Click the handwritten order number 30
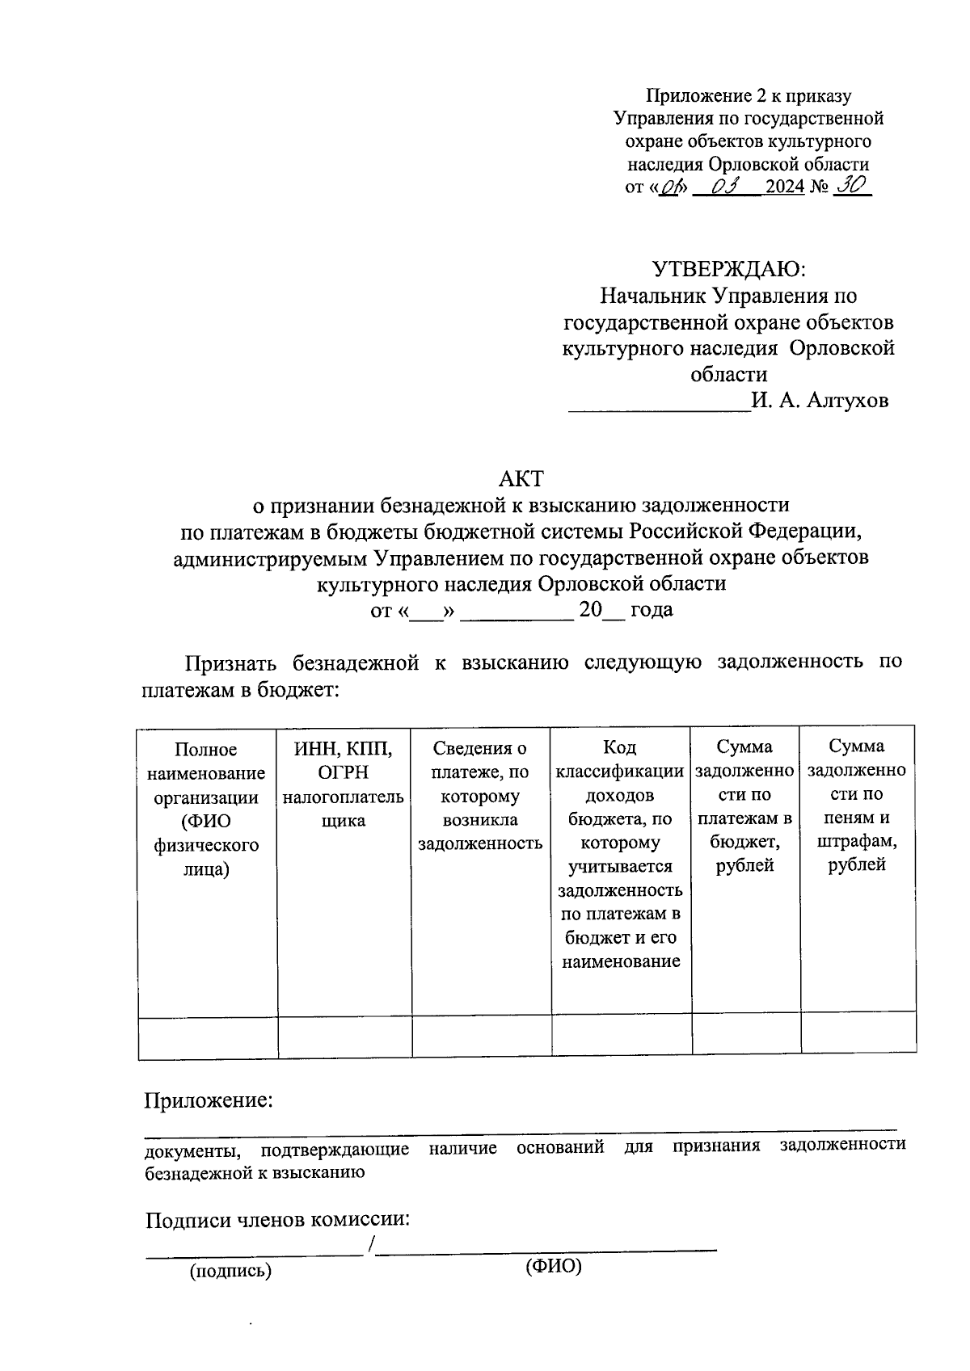click(850, 186)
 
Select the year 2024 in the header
click(785, 187)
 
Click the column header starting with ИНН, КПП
click(344, 784)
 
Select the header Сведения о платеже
click(480, 796)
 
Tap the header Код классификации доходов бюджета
click(621, 854)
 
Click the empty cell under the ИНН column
click(345, 1037)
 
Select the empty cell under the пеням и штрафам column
click(858, 1033)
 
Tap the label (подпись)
click(230, 1272)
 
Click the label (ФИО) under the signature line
click(554, 1266)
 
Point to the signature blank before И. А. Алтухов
click(659, 402)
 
